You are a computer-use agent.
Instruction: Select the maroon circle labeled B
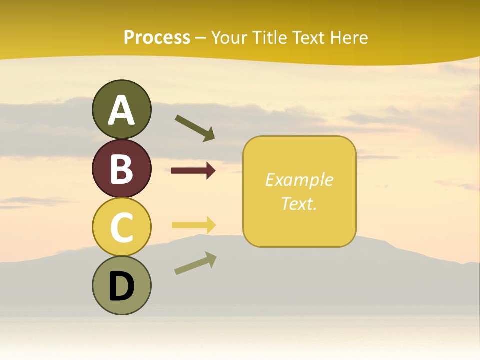[121, 168]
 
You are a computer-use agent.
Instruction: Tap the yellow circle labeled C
[121, 226]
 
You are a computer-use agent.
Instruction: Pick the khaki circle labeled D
[121, 285]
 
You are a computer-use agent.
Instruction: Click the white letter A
[121, 110]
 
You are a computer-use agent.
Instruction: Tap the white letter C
[121, 227]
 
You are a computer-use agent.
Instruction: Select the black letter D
[121, 286]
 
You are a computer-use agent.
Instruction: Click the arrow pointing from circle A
[194, 128]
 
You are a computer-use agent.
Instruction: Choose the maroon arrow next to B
[193, 171]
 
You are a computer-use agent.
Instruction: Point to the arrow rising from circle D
[195, 263]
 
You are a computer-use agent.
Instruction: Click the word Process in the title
[157, 37]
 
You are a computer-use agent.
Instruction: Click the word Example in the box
[299, 180]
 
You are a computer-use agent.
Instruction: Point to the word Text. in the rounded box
[299, 203]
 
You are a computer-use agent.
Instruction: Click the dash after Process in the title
[200, 38]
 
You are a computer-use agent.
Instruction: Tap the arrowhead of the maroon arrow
[210, 171]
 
